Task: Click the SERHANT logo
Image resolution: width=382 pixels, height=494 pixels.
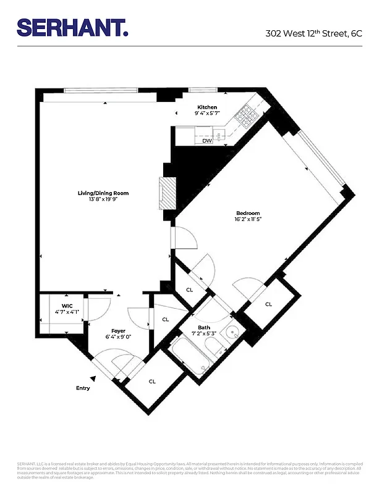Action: coord(72,27)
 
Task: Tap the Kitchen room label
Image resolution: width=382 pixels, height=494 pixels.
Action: coord(207,107)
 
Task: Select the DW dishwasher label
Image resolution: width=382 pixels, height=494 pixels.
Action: coord(207,141)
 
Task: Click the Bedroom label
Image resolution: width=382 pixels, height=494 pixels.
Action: coord(247,213)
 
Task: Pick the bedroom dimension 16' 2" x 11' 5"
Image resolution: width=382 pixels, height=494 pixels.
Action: coord(247,220)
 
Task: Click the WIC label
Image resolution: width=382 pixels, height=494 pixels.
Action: coord(67,305)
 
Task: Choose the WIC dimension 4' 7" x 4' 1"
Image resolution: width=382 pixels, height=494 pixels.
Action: coord(67,312)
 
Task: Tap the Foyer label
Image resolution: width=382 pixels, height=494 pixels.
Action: coord(119,330)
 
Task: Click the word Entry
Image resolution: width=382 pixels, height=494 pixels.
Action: coord(83,388)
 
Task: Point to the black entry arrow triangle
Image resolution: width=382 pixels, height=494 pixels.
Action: coord(93,378)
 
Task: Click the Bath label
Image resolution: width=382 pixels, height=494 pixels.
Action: coord(204,327)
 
